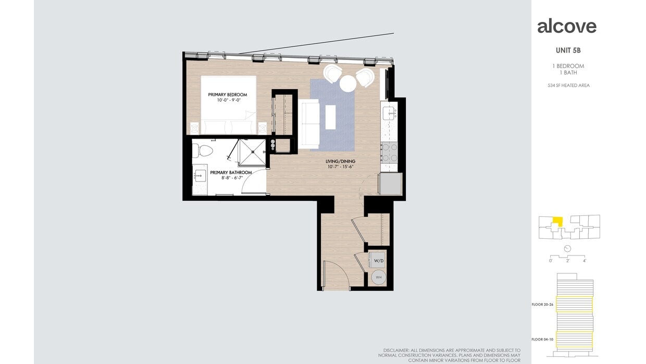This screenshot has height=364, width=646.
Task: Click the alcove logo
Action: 567,26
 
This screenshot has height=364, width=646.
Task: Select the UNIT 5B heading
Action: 568,51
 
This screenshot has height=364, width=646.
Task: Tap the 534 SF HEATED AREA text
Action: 568,86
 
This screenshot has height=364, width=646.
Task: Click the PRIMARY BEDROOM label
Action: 227,95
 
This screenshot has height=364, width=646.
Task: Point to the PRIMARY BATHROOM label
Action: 231,173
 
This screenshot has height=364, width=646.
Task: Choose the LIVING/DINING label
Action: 341,162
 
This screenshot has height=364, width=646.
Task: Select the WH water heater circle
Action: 379,277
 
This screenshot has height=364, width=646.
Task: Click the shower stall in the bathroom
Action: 252,152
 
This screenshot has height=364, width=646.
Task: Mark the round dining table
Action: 347,83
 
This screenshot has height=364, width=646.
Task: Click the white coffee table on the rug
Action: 330,117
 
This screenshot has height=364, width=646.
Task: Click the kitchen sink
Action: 389,112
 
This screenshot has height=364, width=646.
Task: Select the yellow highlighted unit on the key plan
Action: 557,222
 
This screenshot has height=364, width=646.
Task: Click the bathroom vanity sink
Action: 201,176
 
